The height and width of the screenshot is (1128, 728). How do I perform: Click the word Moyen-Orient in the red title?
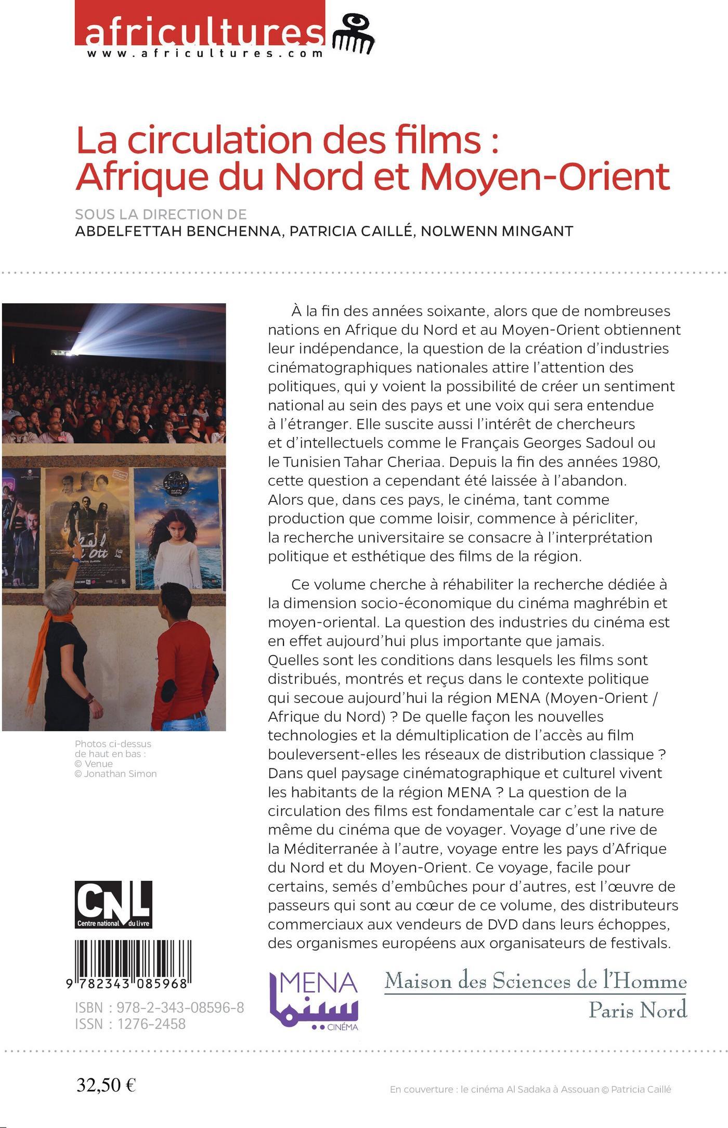click(545, 177)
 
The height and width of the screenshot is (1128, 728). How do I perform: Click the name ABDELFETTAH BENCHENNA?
click(178, 231)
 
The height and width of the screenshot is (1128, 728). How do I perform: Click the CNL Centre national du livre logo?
click(113, 904)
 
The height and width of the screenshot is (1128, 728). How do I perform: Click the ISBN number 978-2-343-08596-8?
click(180, 1008)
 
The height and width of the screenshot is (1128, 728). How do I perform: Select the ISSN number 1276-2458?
click(151, 1024)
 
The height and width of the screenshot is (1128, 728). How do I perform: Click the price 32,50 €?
click(106, 1085)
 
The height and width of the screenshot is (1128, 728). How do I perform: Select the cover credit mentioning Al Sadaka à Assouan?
click(530, 1089)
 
